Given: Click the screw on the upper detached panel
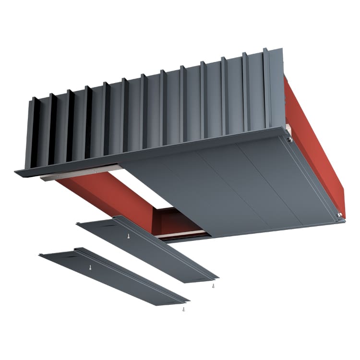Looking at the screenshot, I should coord(128,236).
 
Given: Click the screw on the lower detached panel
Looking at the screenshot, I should coord(90,266).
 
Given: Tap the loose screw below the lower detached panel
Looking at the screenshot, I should coord(183,311).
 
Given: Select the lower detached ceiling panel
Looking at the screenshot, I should coord(115,278).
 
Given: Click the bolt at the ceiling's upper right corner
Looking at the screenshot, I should coord(289,139).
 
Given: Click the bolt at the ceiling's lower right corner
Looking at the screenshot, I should coord(340,215).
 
